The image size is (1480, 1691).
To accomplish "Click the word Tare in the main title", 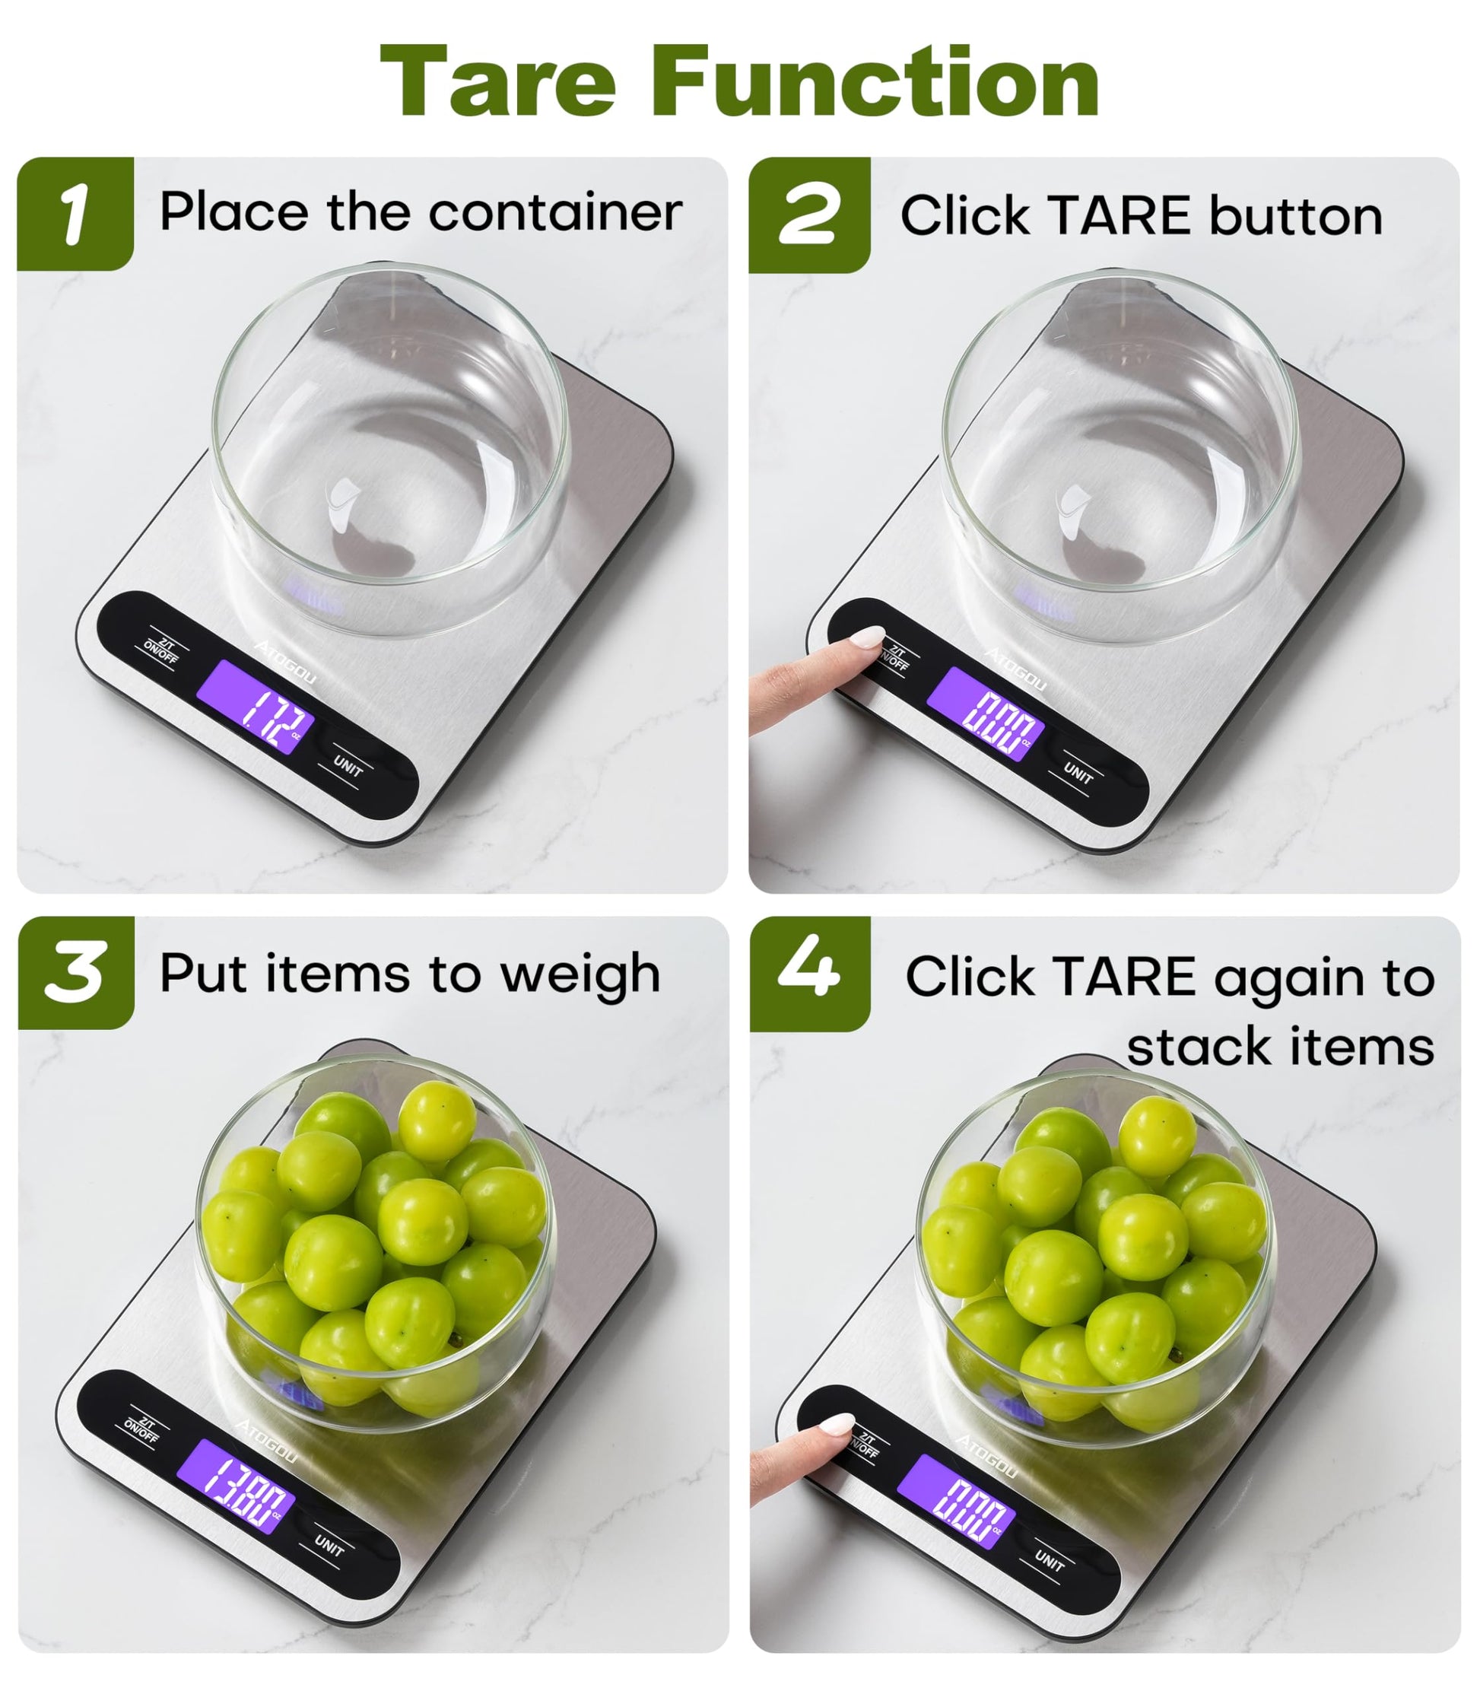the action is coord(499,81).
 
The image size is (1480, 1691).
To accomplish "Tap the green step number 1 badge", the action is coord(75,213).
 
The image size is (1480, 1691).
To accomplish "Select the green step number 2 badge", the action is coord(808,215).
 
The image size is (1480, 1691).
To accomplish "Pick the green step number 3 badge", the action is coord(76,972).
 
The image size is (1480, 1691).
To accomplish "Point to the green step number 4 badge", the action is coord(809,973).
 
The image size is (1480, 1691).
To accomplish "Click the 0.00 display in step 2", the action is coord(986,715).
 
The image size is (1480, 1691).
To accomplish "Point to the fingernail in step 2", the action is coord(867,637).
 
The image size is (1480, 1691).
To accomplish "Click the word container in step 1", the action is coord(556,212).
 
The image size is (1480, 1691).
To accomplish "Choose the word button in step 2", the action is coord(1296,217).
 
